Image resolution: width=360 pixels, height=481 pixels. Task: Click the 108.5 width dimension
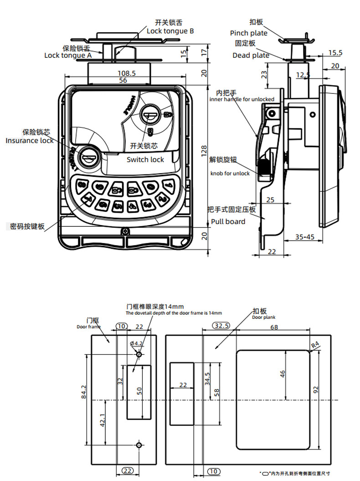tap(127, 73)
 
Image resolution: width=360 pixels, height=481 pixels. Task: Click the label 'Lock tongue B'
tap(170, 31)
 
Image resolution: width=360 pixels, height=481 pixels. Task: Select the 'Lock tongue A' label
tap(68, 55)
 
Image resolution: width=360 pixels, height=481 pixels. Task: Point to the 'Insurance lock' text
tap(30, 140)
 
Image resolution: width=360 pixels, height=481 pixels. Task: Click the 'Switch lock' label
tap(145, 159)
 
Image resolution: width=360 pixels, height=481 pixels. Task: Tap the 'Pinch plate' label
tap(249, 33)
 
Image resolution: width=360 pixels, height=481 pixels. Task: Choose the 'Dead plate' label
tap(251, 55)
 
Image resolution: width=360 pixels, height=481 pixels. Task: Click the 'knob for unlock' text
tap(230, 174)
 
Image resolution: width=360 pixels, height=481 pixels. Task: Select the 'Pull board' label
tap(228, 221)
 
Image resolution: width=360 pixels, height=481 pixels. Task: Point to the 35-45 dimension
tap(305, 237)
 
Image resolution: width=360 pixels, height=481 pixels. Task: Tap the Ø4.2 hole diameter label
tap(137, 343)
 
